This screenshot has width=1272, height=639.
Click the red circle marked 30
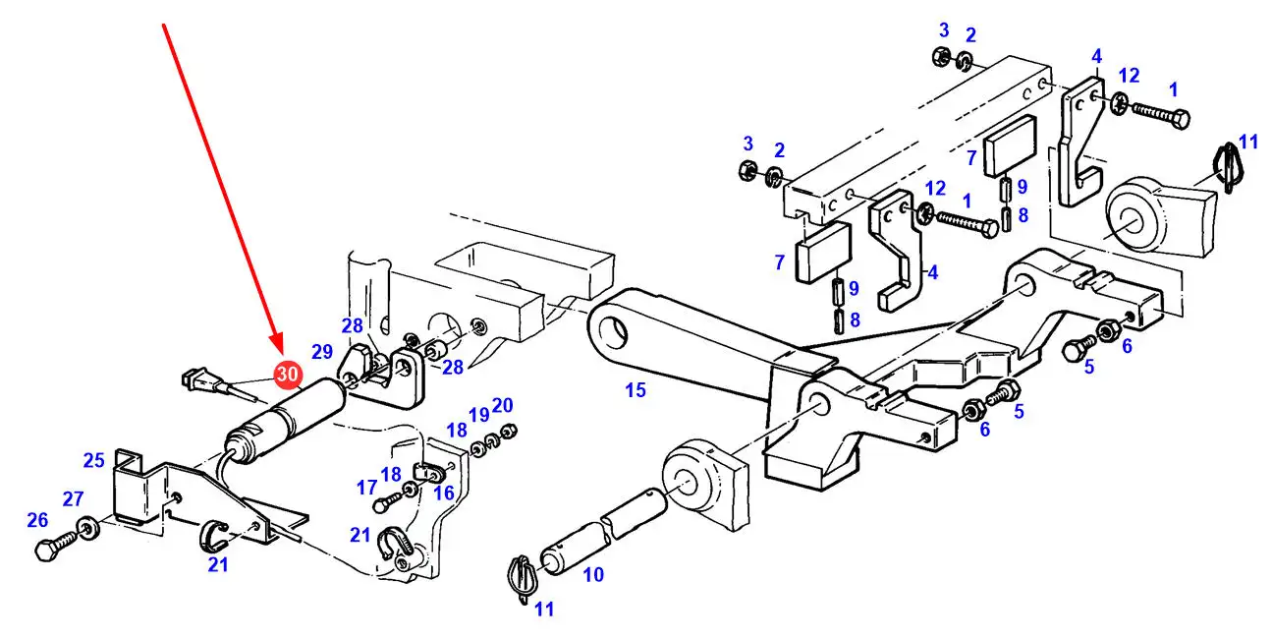(288, 375)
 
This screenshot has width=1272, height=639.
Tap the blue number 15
(636, 390)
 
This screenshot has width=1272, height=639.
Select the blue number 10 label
(593, 575)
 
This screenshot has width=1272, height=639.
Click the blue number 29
(322, 352)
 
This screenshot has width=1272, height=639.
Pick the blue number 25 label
(94, 460)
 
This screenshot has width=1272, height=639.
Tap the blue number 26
(37, 520)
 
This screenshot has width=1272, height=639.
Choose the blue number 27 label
(74, 498)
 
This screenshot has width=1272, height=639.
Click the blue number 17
(366, 488)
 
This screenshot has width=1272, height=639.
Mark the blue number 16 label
(444, 493)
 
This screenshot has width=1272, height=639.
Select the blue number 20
(502, 405)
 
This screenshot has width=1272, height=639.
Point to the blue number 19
(478, 415)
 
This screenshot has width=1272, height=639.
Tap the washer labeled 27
(89, 529)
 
